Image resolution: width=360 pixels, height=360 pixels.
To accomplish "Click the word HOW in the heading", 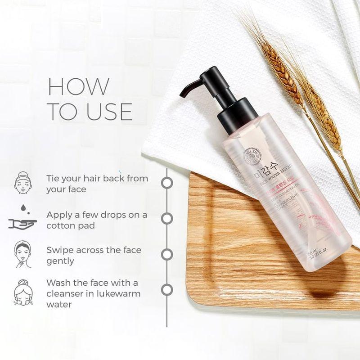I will pos(78,86).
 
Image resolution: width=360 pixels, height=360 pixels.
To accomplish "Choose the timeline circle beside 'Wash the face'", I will pos(167,289).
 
